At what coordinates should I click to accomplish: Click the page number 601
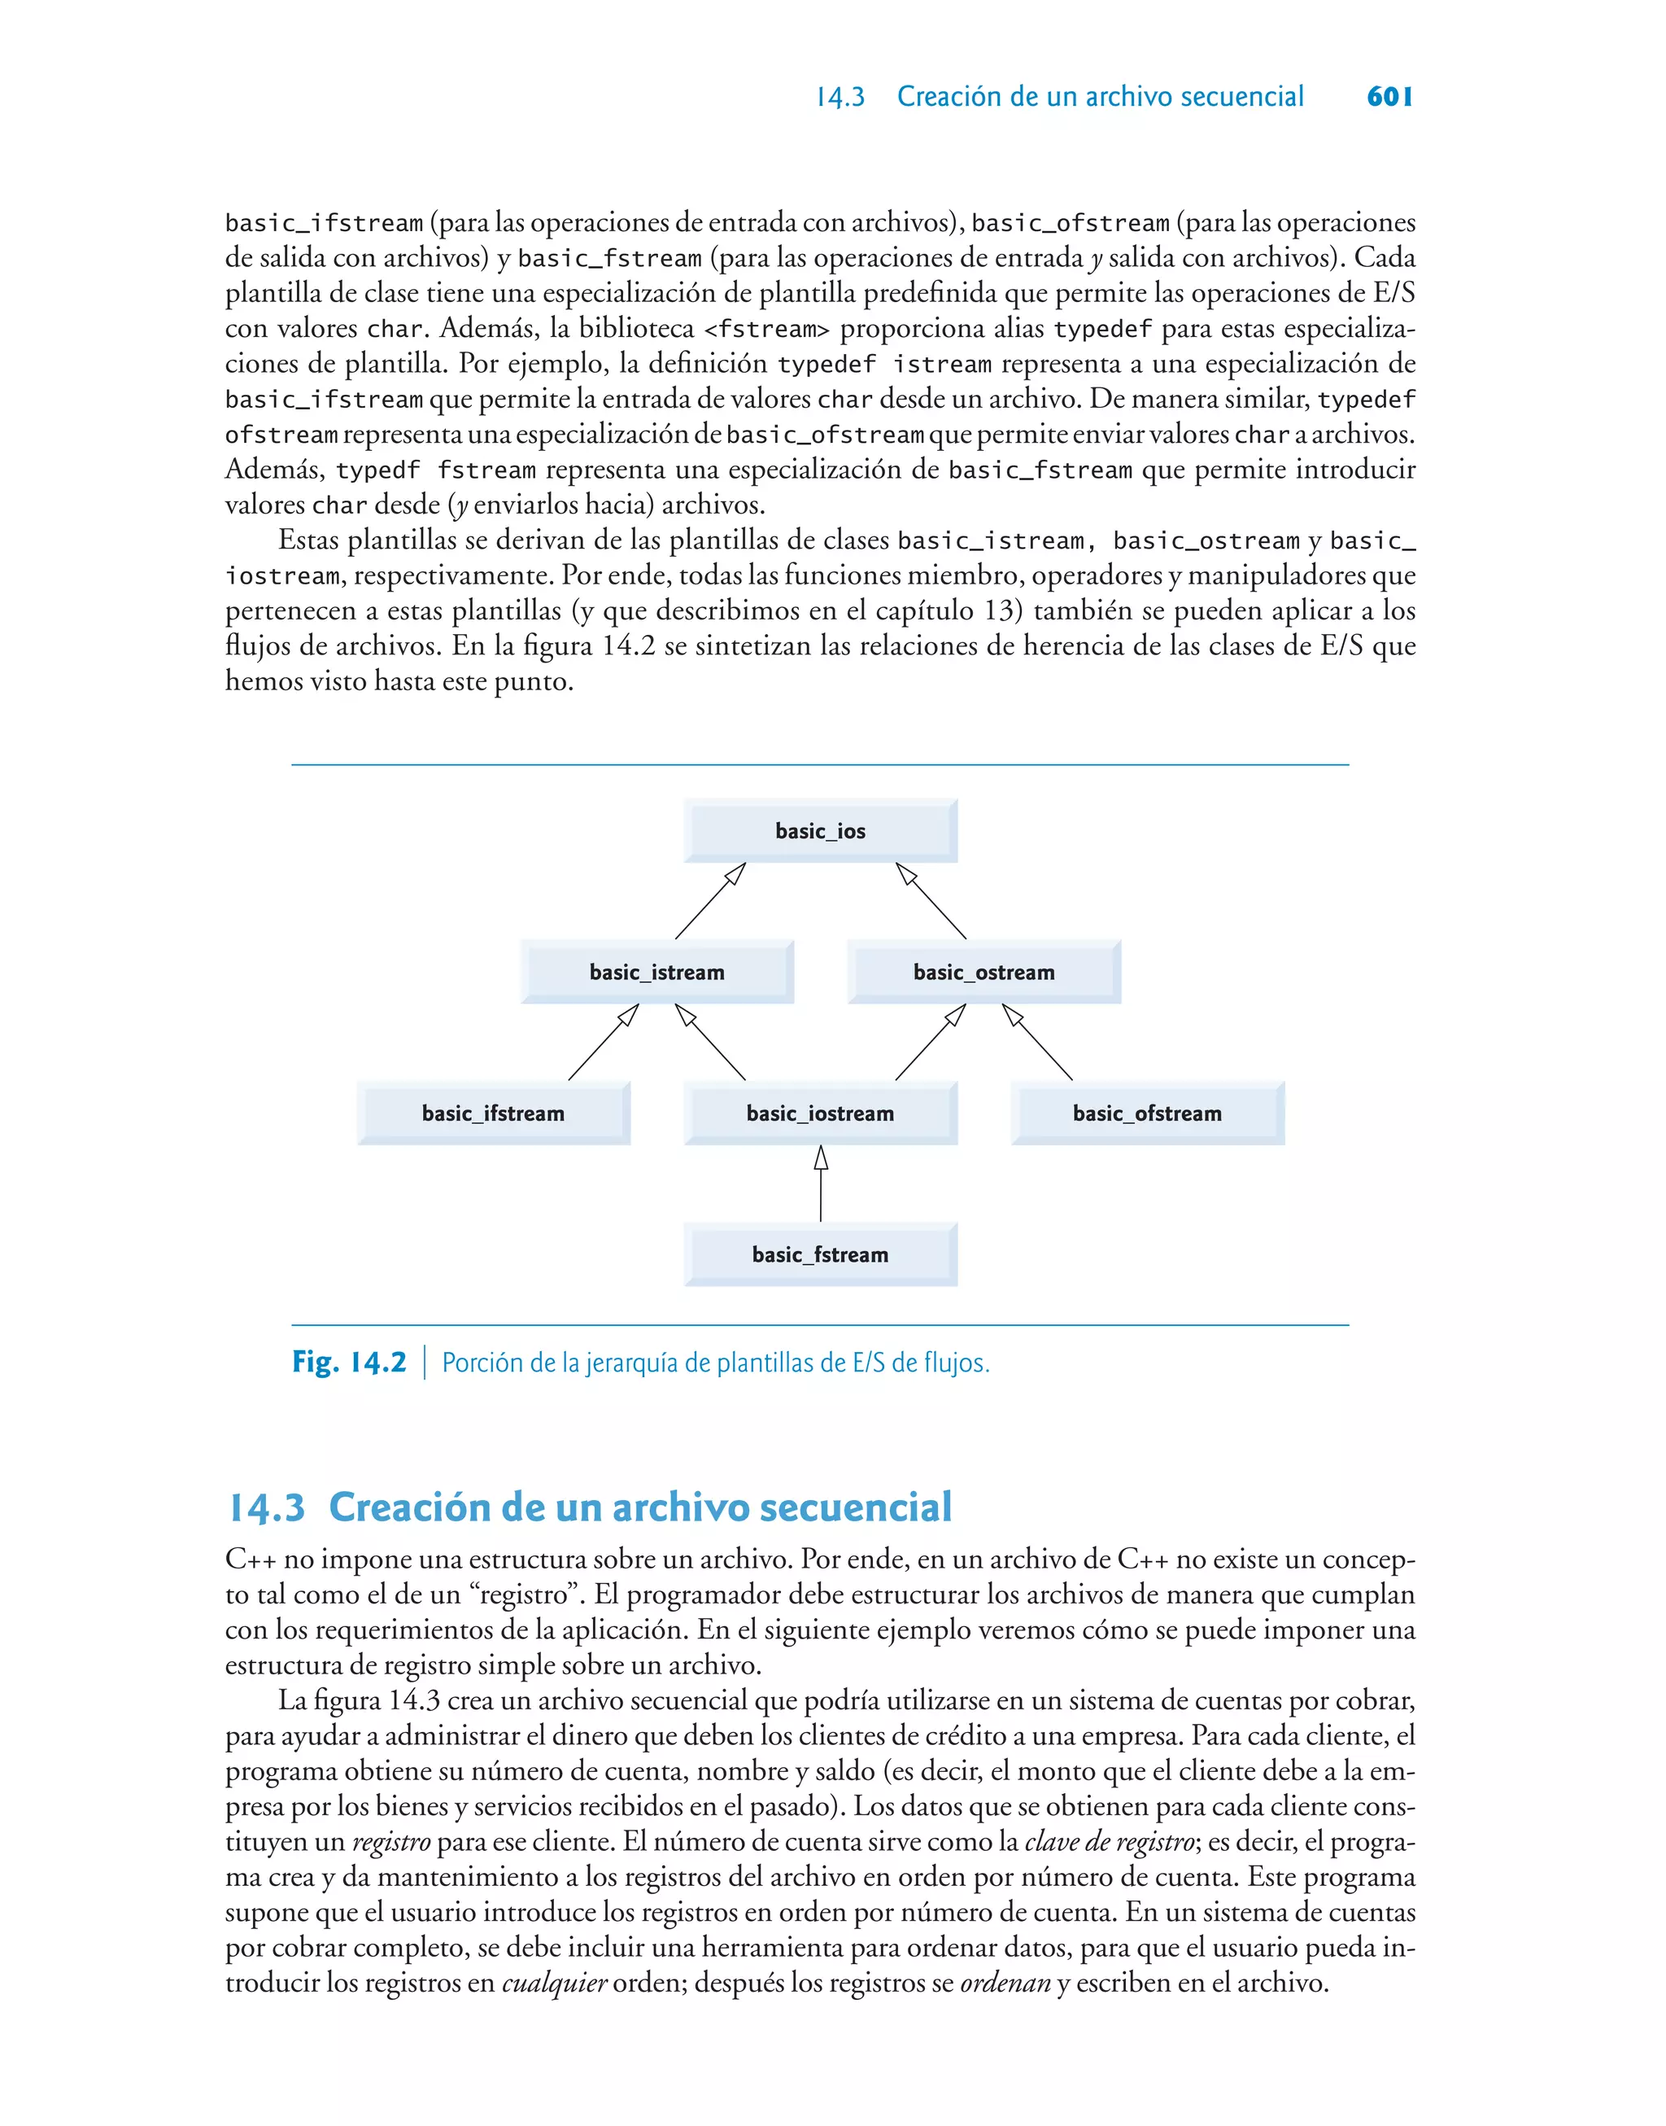pos(1389,97)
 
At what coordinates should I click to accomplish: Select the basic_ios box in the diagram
pos(820,831)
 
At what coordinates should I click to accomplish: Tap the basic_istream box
pos(656,972)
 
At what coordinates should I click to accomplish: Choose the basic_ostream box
pos(983,972)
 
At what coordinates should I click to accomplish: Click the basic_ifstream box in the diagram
pos(493,1113)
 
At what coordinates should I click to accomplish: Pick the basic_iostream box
pos(820,1113)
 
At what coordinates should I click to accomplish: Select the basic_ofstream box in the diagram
pos(1147,1113)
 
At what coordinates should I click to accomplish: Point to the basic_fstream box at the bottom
pos(820,1255)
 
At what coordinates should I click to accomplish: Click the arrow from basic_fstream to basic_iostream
pos(820,1185)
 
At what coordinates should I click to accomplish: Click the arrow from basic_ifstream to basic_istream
pos(603,1042)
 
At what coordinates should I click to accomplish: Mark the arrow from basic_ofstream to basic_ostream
pos(1038,1042)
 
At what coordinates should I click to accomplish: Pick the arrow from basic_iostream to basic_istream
pos(710,1042)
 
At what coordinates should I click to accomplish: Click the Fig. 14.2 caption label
pos(349,1362)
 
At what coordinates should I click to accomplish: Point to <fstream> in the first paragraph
pos(766,329)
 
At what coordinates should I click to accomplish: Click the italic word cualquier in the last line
pos(554,1984)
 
